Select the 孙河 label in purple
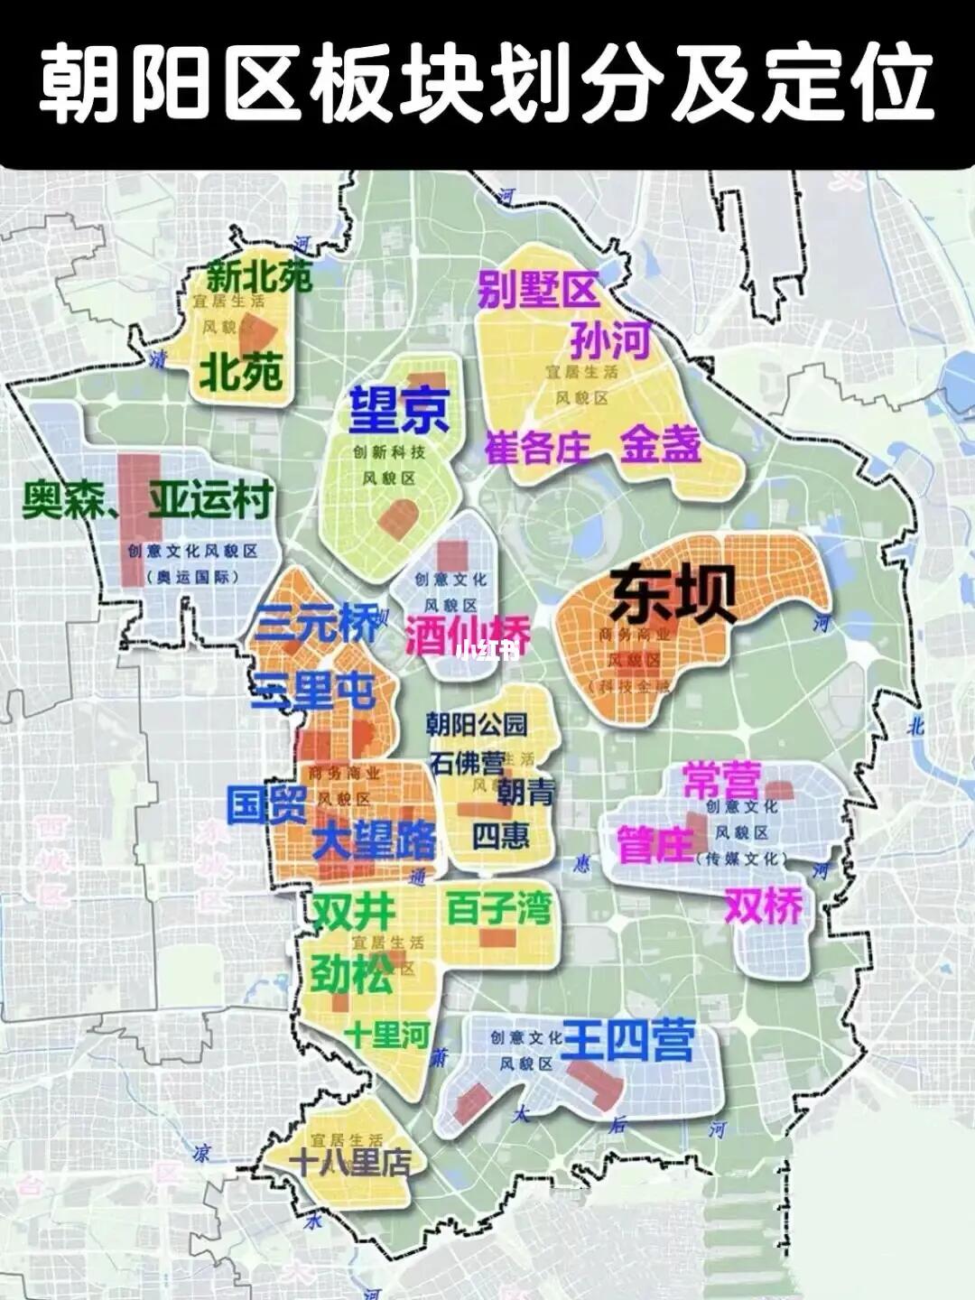coord(610,342)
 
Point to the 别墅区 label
coord(538,291)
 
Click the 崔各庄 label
coord(538,446)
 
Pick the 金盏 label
coord(660,444)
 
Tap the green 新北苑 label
coord(259,276)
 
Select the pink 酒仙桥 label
coord(467,636)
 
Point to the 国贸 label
coord(267,803)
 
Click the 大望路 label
coord(374,841)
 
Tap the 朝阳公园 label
coord(477,724)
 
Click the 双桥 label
coord(764,906)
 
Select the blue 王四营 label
coord(627,1041)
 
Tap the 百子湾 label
coord(498,909)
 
